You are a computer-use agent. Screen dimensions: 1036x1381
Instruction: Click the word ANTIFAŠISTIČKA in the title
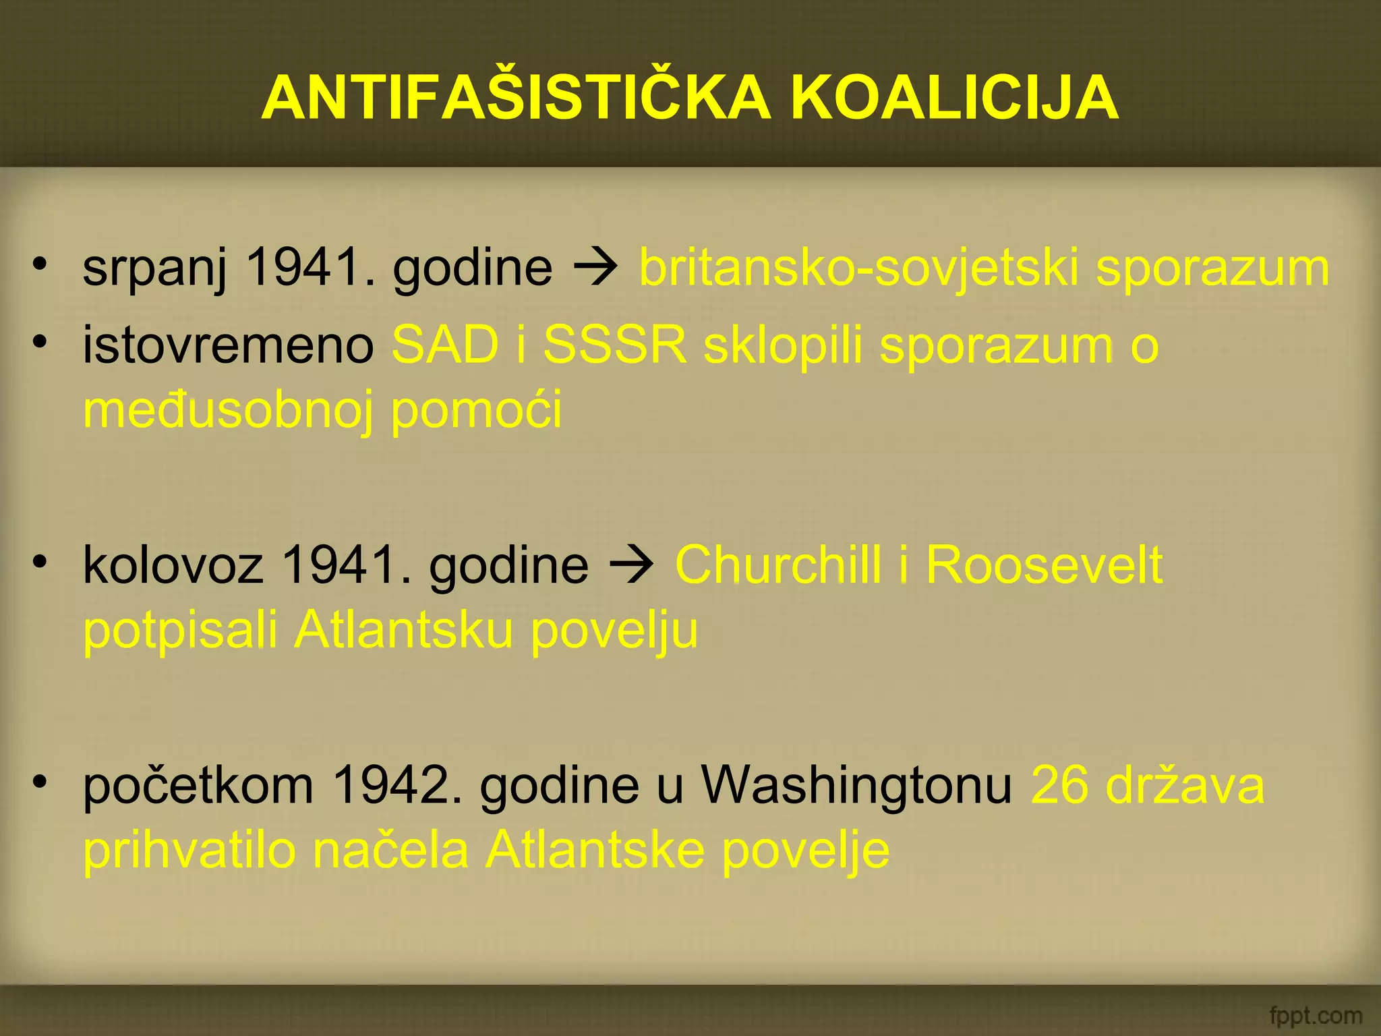(x=515, y=98)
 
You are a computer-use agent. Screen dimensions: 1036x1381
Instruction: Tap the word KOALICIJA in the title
(x=954, y=98)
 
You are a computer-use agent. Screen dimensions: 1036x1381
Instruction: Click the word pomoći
(x=476, y=410)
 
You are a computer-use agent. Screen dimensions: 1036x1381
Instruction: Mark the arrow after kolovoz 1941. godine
(x=631, y=564)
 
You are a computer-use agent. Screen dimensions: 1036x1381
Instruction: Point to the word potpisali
(x=180, y=630)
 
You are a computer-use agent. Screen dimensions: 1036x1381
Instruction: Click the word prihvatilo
(x=189, y=850)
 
